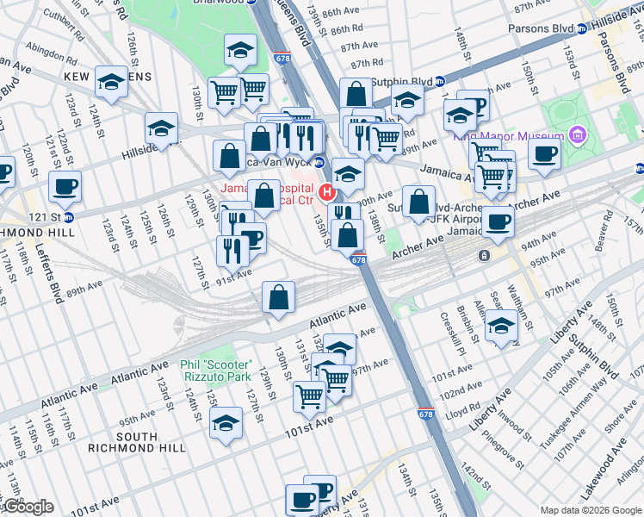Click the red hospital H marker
[x=326, y=190]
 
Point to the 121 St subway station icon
[x=68, y=216]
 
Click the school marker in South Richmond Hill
[x=226, y=424]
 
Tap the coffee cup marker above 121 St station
[x=65, y=185]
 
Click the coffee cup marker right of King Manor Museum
[x=543, y=154]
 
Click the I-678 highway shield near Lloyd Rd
[x=425, y=414]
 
